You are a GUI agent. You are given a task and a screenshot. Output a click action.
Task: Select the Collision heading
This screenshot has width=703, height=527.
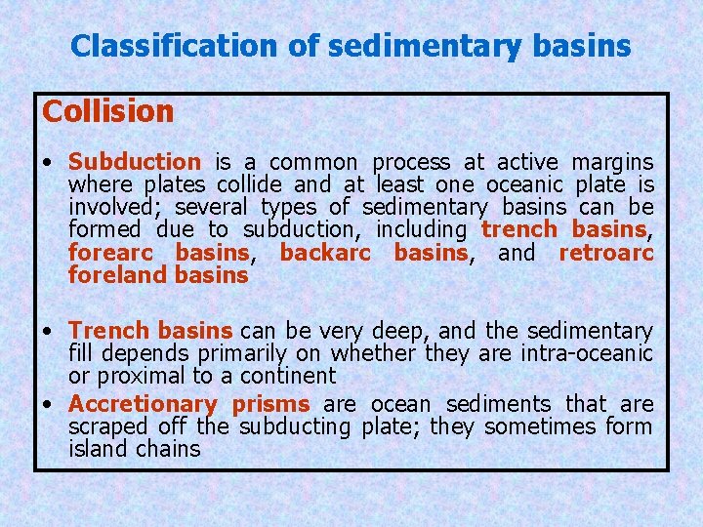click(x=107, y=112)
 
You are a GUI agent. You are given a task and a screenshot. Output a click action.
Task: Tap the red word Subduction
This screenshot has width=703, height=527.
click(x=135, y=162)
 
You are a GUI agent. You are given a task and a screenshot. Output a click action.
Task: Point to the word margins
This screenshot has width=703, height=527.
click(x=612, y=162)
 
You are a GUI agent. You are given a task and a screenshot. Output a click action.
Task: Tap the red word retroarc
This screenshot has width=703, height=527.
click(x=605, y=253)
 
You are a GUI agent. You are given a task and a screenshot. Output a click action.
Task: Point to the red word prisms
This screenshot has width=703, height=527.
click(x=270, y=404)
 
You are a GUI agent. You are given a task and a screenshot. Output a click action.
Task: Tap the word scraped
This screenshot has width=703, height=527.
click(x=104, y=426)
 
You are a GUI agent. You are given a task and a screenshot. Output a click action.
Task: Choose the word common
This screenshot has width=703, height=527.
click(x=311, y=162)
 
